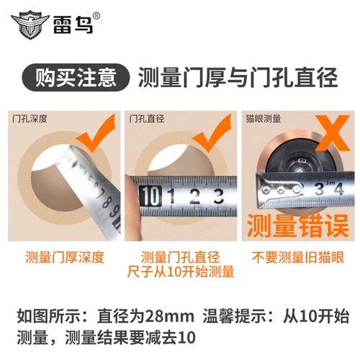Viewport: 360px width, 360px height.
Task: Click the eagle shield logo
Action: [30, 24]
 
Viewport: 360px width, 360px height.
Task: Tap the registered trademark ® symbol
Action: [96, 16]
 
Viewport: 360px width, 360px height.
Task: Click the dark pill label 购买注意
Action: [76, 77]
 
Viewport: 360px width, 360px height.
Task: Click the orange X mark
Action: [333, 133]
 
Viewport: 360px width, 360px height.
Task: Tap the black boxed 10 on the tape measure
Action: [150, 197]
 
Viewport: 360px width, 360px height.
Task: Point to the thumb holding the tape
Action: [132, 207]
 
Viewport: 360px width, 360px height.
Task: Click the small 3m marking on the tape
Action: [330, 183]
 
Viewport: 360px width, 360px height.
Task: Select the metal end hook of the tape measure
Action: [279, 190]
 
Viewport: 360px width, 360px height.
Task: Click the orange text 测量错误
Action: [297, 225]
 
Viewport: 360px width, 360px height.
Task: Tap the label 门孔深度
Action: [30, 119]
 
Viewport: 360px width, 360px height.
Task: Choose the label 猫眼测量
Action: [264, 119]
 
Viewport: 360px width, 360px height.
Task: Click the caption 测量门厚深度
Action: [65, 258]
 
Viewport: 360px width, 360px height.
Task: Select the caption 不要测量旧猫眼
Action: [298, 258]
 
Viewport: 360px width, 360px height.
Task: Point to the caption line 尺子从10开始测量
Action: [181, 272]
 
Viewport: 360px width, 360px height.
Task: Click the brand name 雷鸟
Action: [73, 24]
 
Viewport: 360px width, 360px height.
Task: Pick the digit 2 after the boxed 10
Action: [194, 197]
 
